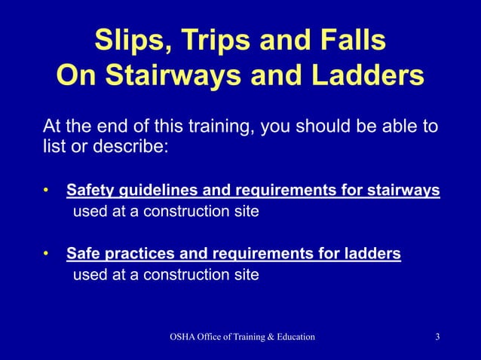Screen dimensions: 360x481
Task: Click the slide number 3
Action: click(x=437, y=336)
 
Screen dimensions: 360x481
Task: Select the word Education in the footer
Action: click(x=290, y=336)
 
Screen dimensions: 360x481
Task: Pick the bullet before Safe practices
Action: click(x=47, y=254)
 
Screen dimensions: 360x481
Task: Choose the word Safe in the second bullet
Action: click(x=82, y=254)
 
